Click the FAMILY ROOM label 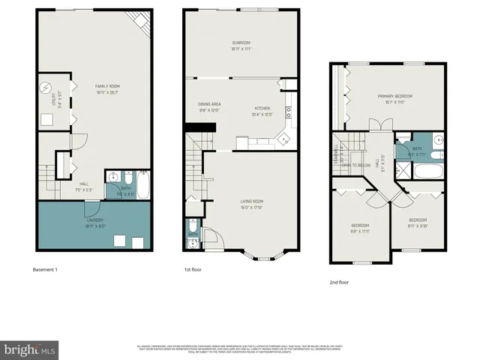click(x=108, y=86)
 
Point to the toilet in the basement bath click(x=112, y=178)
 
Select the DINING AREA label click(x=208, y=105)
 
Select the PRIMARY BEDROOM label click(x=394, y=97)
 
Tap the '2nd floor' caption click(x=340, y=282)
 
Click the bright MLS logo click(x=30, y=349)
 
